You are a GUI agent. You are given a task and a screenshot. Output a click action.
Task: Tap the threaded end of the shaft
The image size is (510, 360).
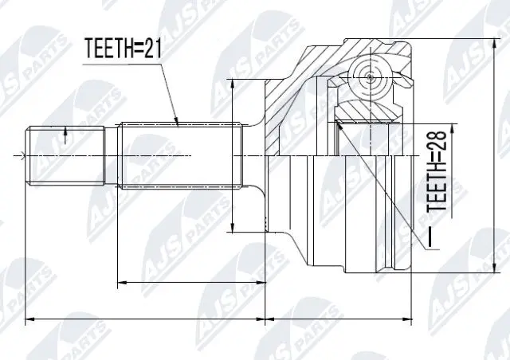(68, 154)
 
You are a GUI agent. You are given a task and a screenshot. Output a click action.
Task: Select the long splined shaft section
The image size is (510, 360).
(179, 154)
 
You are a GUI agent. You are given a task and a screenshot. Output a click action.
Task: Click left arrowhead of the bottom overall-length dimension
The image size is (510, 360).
(29, 320)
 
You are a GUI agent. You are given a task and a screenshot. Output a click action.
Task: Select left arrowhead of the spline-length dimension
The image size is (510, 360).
(120, 282)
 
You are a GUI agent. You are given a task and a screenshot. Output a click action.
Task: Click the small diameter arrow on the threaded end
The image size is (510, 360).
(65, 131)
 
